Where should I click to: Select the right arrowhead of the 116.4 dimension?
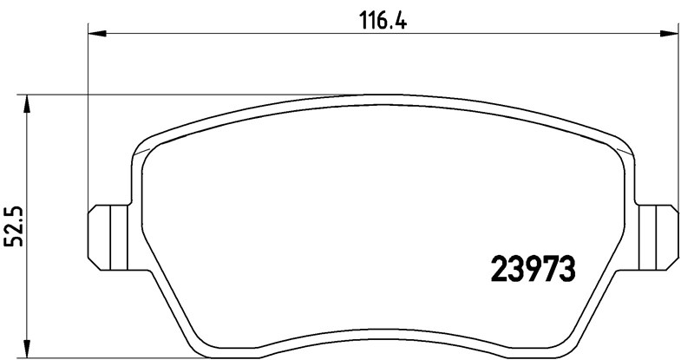(x=671, y=34)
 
